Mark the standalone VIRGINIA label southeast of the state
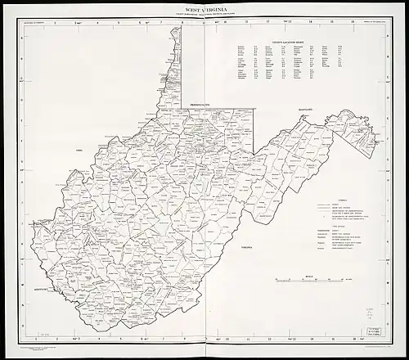pyautogui.click(x=243, y=246)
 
